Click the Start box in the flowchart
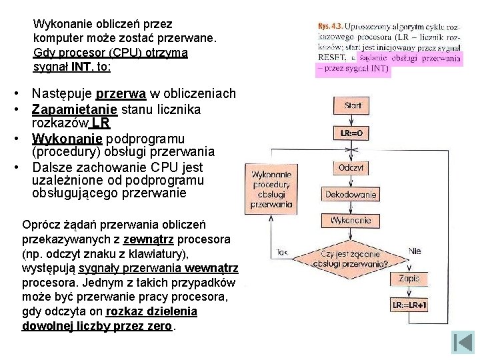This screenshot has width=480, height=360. click(353, 106)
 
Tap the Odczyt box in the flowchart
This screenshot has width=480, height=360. click(351, 167)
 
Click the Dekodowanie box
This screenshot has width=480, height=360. click(351, 195)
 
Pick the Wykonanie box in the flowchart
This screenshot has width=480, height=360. click(351, 220)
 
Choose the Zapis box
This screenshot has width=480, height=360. click(409, 279)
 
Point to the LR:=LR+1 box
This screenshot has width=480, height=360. click(409, 305)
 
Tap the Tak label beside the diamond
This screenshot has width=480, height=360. click(281, 253)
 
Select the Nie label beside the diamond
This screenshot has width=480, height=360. click(415, 251)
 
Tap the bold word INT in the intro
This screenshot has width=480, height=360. click(81, 67)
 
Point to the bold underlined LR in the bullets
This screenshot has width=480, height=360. click(101, 123)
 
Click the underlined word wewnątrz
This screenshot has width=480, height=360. click(212, 268)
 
